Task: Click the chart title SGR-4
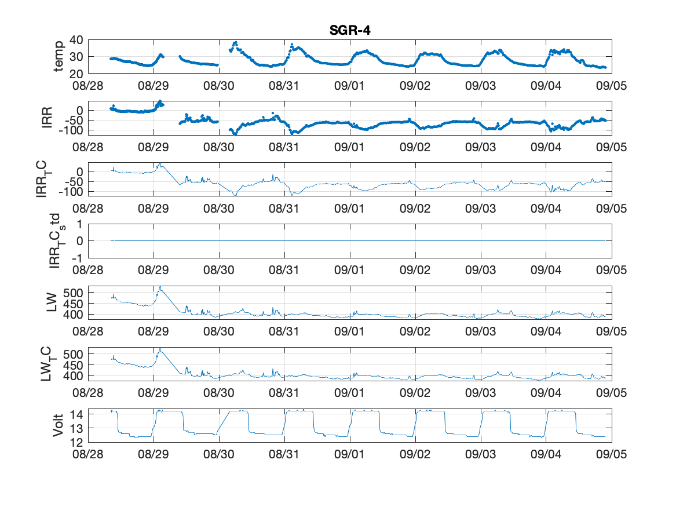pos(350,30)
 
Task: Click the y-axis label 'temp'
pos(58,56)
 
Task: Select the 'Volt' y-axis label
pos(58,425)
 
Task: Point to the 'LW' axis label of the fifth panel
pos(52,302)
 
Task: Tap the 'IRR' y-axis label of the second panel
pos(46,118)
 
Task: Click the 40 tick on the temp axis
pos(76,40)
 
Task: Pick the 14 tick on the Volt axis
pos(76,415)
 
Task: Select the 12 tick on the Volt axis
pos(76,442)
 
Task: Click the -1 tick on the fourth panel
pos(77,258)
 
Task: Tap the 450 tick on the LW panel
pos(73,304)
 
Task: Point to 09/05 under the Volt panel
pos(611,454)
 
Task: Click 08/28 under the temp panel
pos(88,85)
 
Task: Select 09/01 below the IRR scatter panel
pos(349,147)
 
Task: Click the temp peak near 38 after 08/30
pos(235,43)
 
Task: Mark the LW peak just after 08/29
pos(160,287)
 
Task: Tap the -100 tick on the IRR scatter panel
pos(71,130)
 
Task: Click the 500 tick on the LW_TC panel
pos(73,355)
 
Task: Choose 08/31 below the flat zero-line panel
pos(284,270)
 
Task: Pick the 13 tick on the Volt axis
pos(76,429)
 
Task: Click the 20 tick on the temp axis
pos(76,74)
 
